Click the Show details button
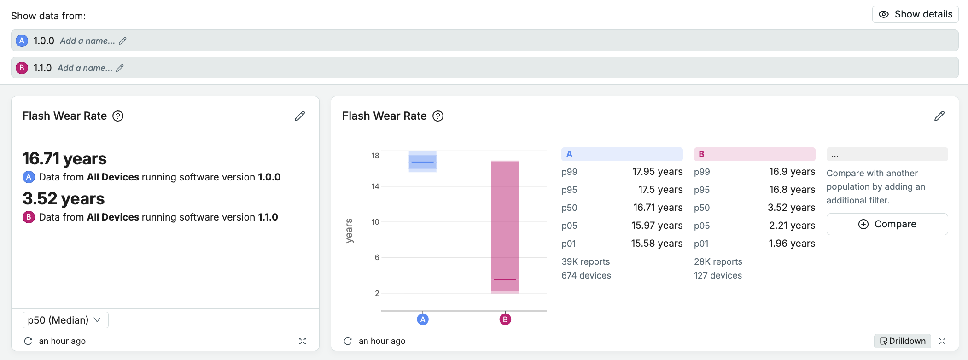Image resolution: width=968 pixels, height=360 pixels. tap(915, 14)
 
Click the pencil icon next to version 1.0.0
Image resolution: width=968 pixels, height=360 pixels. tap(122, 41)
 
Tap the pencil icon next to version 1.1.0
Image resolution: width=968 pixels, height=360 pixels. tap(120, 68)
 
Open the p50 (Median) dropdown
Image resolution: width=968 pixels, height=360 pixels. tap(65, 320)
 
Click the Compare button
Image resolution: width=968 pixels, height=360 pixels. tap(887, 224)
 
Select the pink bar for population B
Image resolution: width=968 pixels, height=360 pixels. tap(505, 227)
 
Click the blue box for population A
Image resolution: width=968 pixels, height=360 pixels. tap(423, 162)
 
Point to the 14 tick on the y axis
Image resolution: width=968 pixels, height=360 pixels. tap(375, 186)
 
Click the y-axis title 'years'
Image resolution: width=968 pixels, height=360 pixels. tap(349, 231)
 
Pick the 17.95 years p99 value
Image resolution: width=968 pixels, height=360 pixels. tap(657, 172)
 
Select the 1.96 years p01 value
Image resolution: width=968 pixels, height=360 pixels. tap(792, 244)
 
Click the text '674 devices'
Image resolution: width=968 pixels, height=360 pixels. tap(586, 275)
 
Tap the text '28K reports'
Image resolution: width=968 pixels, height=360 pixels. tap(718, 261)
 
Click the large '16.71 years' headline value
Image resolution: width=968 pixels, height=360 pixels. tap(64, 158)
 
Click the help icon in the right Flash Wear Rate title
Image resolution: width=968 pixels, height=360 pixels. tap(438, 116)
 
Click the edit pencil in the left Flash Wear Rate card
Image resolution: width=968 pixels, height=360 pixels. tap(300, 116)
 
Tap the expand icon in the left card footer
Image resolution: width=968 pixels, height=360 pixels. tap(303, 341)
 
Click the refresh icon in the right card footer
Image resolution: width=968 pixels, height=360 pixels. tap(348, 341)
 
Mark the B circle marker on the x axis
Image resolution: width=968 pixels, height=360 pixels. tap(505, 319)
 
